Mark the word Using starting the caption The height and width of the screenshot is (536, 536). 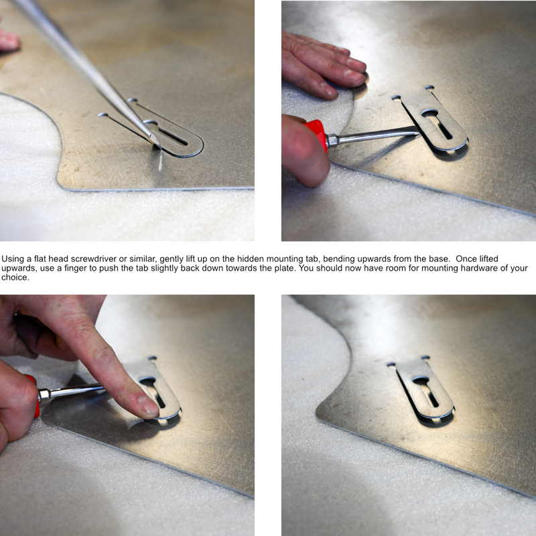(x=13, y=259)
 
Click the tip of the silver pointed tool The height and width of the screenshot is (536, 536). (x=156, y=142)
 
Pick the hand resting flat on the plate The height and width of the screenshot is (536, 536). (x=325, y=67)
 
